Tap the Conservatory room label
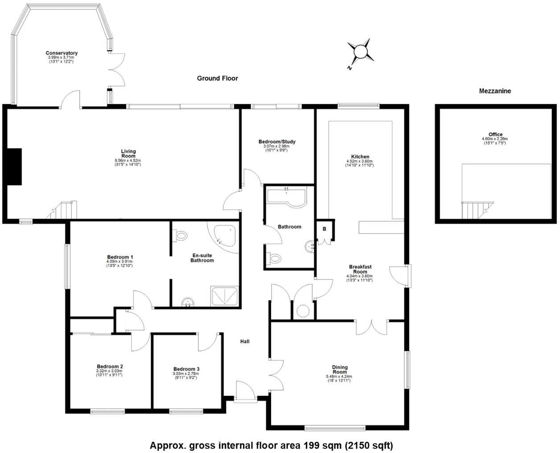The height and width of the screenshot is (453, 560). (62, 53)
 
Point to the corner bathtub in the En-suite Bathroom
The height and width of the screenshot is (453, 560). (226, 235)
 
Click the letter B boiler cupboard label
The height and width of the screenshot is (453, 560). (325, 229)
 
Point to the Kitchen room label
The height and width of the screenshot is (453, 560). (360, 156)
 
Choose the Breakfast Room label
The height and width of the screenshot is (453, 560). (360, 269)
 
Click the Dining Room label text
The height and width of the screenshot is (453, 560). (340, 370)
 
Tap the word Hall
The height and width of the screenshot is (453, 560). (245, 342)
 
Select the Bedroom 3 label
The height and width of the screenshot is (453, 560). (186, 369)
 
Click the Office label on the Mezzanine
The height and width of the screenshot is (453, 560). (495, 134)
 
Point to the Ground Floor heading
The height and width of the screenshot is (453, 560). (218, 78)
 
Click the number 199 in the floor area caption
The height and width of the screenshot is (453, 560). (311, 445)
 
